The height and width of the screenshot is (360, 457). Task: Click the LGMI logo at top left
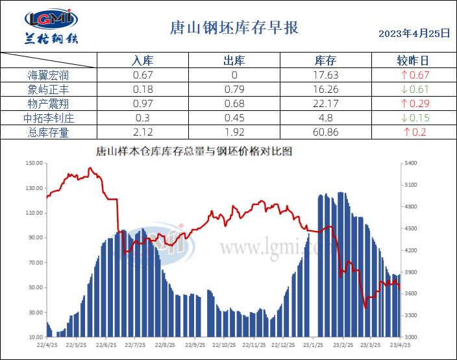50,27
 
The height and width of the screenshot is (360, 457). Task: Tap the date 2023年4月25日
414,34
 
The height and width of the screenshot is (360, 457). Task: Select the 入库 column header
142,61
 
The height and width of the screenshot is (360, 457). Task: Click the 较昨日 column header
413,61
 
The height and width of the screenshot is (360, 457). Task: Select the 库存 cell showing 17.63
325,75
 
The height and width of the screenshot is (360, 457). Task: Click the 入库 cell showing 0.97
142,104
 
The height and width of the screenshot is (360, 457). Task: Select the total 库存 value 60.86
325,132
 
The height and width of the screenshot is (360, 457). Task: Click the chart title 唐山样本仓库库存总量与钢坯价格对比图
194,151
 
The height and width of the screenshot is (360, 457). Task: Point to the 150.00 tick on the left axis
34,163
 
